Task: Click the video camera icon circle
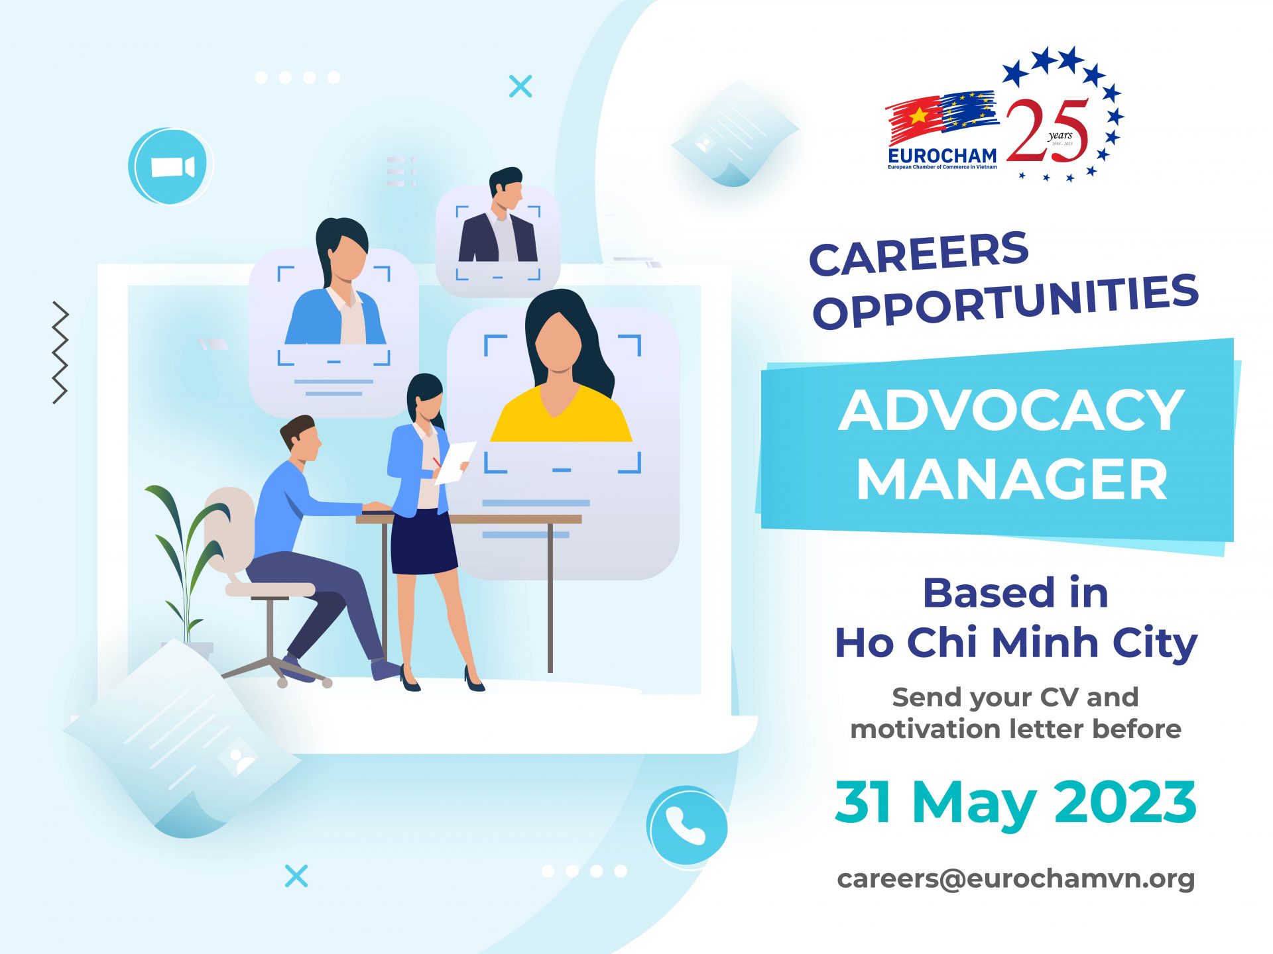[x=170, y=166]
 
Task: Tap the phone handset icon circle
[x=687, y=825]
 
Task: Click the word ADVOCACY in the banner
[x=1011, y=410]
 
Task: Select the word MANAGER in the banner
[x=1012, y=479]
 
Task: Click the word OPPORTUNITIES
[x=1006, y=302]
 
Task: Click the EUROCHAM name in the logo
[x=942, y=156]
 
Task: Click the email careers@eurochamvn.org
[x=1016, y=879]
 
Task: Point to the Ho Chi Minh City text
[x=1016, y=643]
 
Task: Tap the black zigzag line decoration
[x=60, y=352]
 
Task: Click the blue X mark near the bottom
[x=296, y=876]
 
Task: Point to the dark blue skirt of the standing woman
[x=424, y=542]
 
